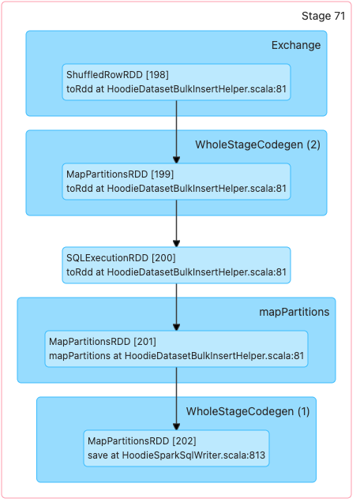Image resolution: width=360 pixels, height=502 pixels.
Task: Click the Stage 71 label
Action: (x=323, y=16)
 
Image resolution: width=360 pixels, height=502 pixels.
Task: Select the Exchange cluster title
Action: (x=296, y=45)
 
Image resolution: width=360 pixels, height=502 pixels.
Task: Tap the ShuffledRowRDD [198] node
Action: (x=176, y=82)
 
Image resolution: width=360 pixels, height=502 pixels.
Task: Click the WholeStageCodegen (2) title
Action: (x=258, y=144)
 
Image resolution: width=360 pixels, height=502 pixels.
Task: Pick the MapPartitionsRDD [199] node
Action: (x=176, y=182)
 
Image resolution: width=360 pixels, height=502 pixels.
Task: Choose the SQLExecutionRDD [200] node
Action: (x=176, y=265)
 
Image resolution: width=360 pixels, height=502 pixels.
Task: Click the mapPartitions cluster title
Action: (x=294, y=312)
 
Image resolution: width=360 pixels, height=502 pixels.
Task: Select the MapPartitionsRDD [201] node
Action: (x=176, y=349)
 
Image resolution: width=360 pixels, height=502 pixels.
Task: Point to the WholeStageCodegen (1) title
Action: (x=248, y=411)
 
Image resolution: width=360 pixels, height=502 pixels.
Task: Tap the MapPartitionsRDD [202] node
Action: (x=176, y=448)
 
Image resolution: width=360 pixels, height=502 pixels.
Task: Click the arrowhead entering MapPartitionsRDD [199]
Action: (x=176, y=159)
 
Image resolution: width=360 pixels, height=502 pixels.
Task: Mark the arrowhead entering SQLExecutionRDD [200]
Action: (x=176, y=243)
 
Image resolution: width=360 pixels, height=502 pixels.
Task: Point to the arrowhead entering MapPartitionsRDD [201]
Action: (x=176, y=327)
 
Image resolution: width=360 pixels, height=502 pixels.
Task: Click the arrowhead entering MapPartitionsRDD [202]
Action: (x=176, y=426)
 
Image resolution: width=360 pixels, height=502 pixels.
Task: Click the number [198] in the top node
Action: (x=157, y=75)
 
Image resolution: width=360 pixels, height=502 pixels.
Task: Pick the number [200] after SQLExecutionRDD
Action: (x=163, y=258)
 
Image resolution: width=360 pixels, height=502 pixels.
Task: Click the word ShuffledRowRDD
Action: (x=104, y=75)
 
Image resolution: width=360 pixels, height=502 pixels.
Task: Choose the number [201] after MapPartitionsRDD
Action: (x=144, y=342)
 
